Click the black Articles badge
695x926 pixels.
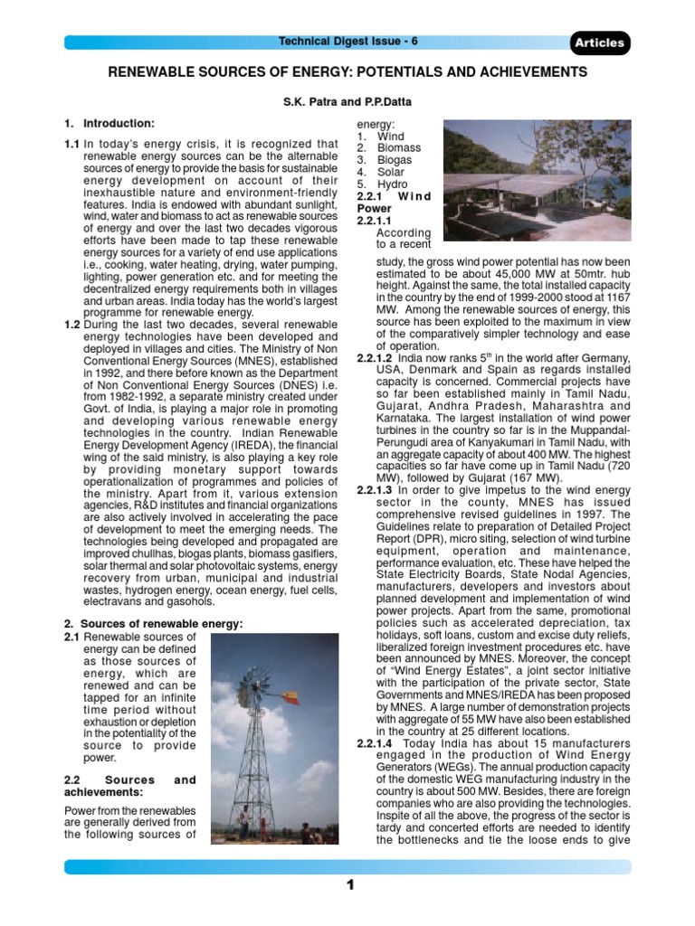click(599, 43)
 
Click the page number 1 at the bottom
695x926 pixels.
click(348, 885)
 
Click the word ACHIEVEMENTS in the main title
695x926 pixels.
click(521, 71)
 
